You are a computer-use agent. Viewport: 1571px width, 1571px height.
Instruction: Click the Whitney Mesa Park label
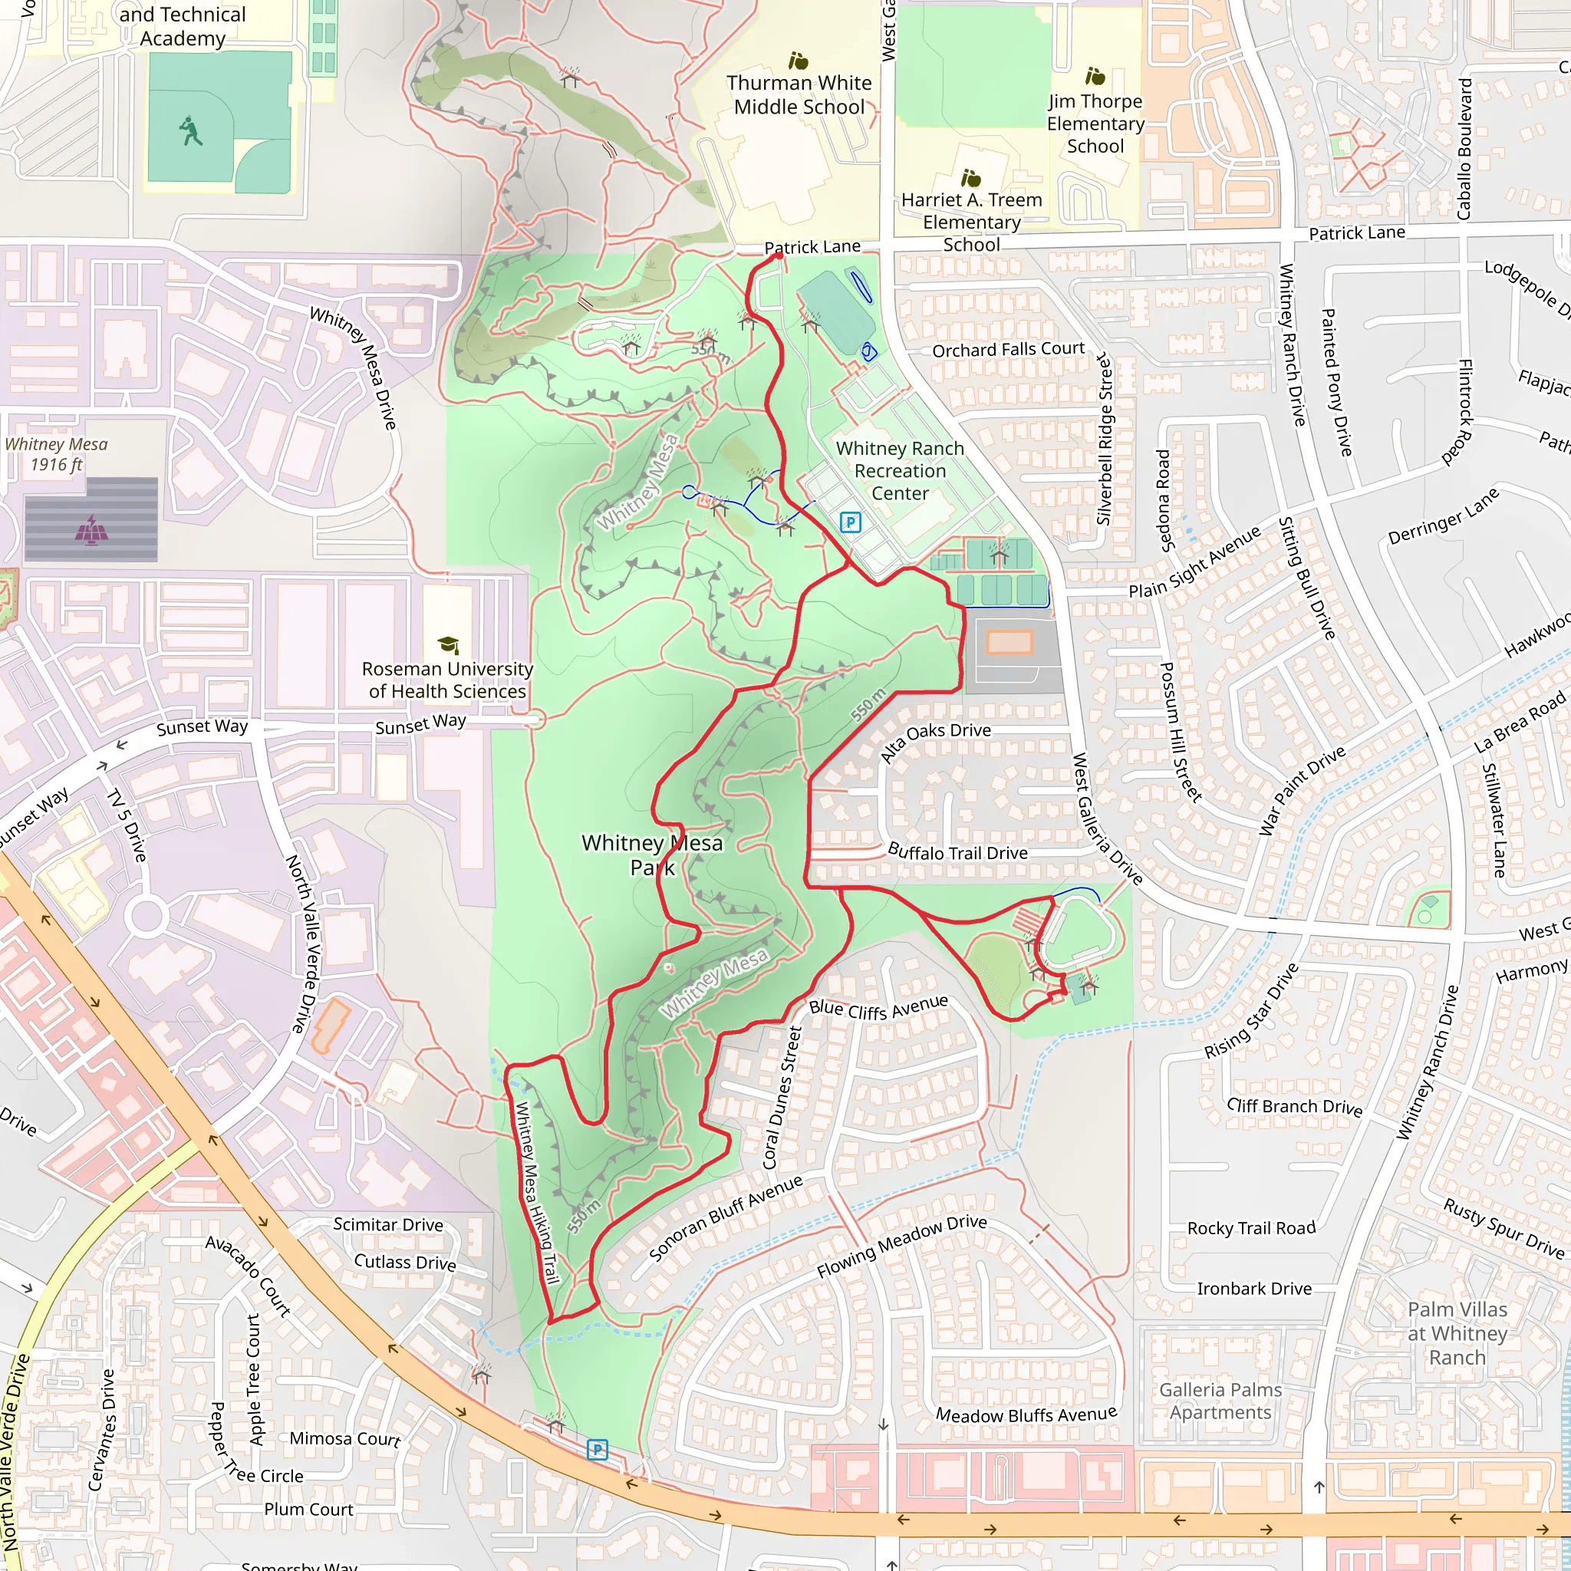click(x=651, y=855)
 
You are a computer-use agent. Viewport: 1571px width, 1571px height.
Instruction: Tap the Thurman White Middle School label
click(x=799, y=95)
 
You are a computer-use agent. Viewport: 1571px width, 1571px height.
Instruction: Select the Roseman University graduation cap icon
click(x=447, y=645)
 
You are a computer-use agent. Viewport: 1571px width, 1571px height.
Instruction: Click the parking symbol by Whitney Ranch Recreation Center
click(x=850, y=522)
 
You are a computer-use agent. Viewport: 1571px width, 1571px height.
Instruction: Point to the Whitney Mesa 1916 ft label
click(x=56, y=455)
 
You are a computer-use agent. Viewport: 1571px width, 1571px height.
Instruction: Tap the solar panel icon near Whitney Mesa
click(x=91, y=529)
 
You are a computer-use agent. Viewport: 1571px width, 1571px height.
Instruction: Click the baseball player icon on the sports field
click(x=191, y=131)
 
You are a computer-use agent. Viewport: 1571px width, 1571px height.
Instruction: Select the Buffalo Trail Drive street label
click(x=957, y=852)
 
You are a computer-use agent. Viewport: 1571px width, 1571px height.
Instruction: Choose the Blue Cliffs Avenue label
click(x=878, y=1008)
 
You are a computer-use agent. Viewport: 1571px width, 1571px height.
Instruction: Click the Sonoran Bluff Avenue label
click(x=726, y=1217)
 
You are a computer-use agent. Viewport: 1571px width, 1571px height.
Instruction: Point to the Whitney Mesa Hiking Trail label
click(x=537, y=1192)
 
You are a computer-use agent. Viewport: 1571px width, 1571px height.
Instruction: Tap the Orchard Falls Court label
click(x=1007, y=350)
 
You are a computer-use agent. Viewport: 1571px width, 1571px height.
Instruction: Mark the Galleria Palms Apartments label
click(x=1220, y=1401)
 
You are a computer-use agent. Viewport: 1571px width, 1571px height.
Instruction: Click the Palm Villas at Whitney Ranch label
click(x=1457, y=1333)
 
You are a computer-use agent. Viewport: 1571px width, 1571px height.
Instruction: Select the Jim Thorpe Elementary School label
click(x=1095, y=124)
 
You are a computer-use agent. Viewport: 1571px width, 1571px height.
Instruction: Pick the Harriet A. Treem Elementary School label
click(x=971, y=222)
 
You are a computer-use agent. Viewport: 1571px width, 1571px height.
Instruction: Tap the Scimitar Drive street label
click(x=388, y=1224)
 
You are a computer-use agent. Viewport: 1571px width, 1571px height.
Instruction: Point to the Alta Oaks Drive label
click(x=935, y=742)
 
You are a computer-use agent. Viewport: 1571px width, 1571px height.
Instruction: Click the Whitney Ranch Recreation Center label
click(x=899, y=471)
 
